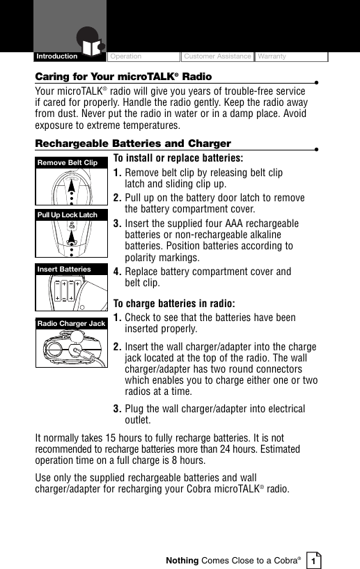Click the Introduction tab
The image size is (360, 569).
[x=58, y=56]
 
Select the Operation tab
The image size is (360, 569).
[x=125, y=56]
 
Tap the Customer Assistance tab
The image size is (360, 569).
[x=217, y=56]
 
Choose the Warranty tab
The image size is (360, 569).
[x=272, y=56]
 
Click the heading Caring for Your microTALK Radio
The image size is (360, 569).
[x=124, y=76]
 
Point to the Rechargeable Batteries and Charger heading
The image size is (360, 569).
[x=133, y=143]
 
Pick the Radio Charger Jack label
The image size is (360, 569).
[x=72, y=324]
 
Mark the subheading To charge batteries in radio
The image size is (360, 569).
[x=173, y=304]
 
